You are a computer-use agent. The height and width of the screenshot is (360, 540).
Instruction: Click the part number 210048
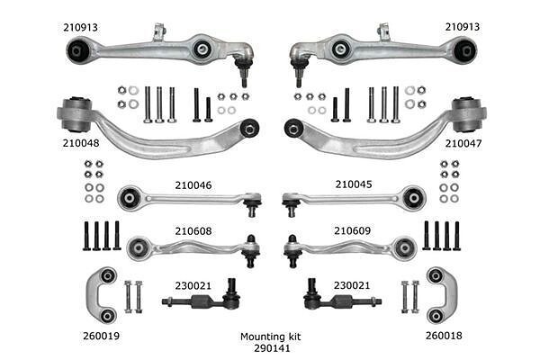tap(81, 143)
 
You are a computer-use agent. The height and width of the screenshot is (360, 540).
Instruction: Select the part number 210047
tap(463, 143)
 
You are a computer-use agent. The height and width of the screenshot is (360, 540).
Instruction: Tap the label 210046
tap(193, 185)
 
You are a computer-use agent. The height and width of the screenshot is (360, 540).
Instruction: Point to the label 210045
tap(354, 184)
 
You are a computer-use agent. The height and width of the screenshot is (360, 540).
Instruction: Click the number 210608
tap(193, 230)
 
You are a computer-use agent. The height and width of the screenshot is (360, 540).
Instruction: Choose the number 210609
tap(352, 230)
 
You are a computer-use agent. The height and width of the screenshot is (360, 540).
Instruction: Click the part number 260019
tap(101, 336)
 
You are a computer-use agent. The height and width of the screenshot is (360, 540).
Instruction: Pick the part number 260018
tap(444, 336)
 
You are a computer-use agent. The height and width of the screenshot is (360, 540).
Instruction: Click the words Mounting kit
tap(270, 337)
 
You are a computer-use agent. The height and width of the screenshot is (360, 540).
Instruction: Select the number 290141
tap(272, 348)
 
